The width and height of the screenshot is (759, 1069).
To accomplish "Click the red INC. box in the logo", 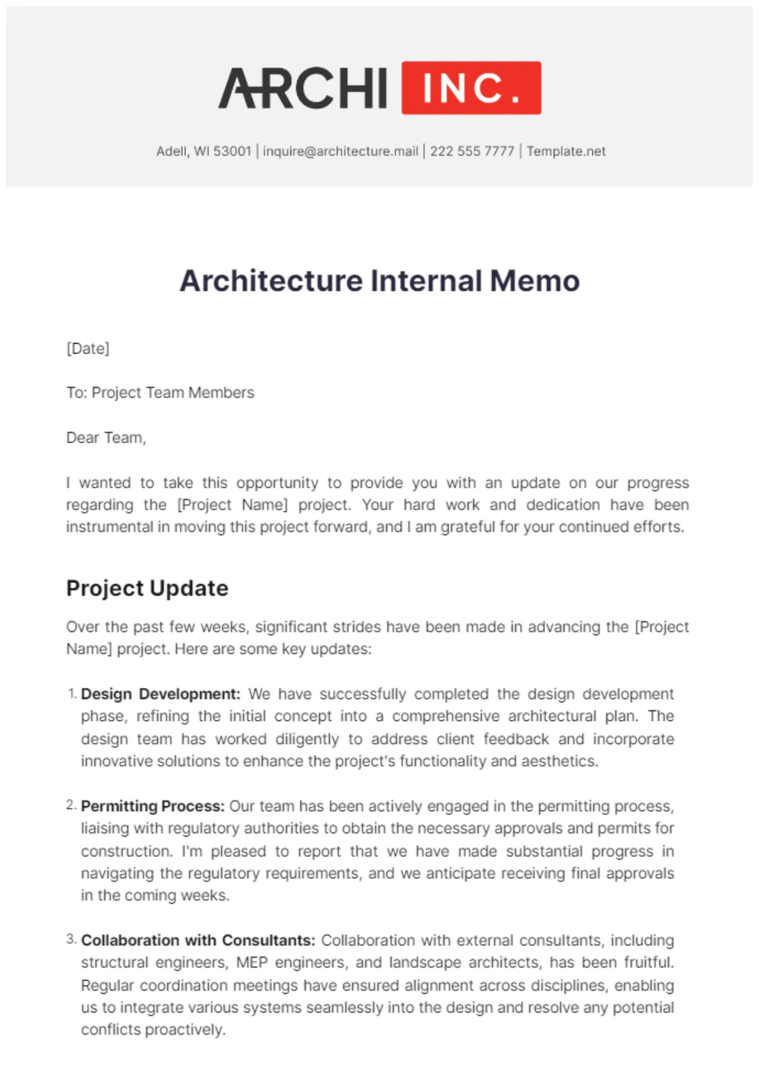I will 471,88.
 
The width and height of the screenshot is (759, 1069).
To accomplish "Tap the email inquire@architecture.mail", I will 340,151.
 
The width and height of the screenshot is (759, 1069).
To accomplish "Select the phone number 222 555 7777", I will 472,151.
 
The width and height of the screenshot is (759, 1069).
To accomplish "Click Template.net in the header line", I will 566,151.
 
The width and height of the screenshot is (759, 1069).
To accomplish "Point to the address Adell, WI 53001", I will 203,151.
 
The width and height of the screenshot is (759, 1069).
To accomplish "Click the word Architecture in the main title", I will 271,280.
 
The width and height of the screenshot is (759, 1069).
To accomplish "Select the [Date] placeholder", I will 88,348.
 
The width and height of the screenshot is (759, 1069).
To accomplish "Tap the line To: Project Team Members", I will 160,393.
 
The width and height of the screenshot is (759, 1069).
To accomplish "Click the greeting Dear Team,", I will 106,438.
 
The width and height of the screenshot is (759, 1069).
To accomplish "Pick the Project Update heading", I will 147,588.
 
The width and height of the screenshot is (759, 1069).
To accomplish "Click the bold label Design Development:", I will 161,694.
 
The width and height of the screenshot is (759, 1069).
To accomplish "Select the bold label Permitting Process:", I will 152,806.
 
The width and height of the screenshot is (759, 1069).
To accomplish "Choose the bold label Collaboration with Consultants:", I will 198,940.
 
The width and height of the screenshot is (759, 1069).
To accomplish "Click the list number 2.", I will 71,805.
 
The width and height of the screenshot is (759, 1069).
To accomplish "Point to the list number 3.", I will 71,939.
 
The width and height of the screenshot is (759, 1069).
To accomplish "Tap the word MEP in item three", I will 252,963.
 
